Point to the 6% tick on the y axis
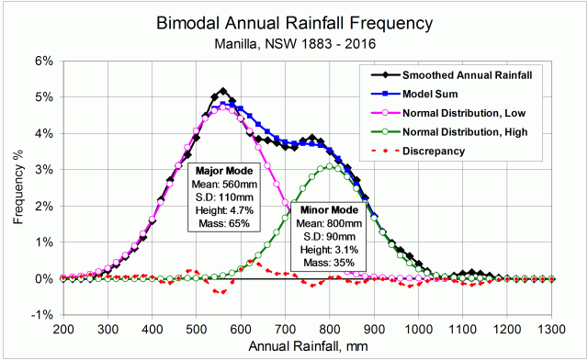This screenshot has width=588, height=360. tap(45, 61)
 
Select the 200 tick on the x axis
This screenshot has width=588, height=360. tap(63, 328)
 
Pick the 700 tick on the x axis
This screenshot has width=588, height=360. tap(286, 328)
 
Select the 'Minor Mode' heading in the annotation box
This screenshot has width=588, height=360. tap(326, 210)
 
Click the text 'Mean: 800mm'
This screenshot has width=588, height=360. tap(326, 223)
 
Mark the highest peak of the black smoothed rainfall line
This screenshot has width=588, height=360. tap(222, 92)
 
